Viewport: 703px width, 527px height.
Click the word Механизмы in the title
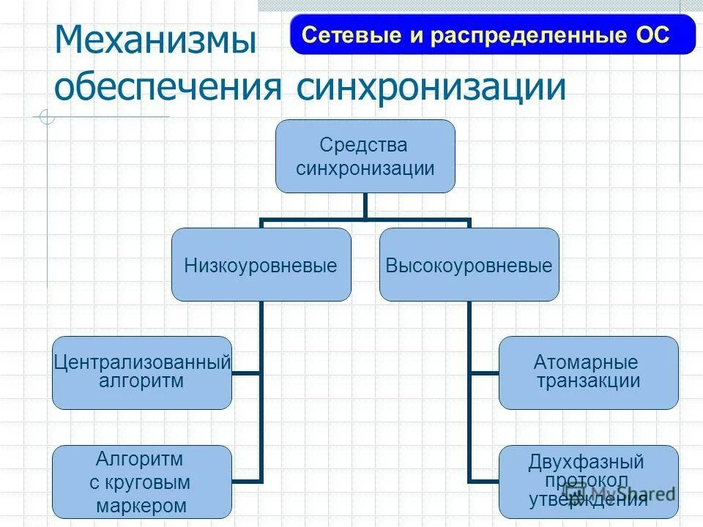(x=156, y=41)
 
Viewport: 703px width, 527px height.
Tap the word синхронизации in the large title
(x=431, y=88)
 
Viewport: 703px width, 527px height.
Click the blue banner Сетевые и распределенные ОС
(x=492, y=35)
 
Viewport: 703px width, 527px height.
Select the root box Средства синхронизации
(x=365, y=157)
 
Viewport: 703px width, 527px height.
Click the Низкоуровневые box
(x=261, y=265)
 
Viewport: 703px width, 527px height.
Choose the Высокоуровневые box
(x=469, y=265)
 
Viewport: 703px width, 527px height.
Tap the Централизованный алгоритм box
(x=142, y=372)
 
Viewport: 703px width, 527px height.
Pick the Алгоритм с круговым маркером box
(x=142, y=482)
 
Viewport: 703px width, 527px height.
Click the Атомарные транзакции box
(x=588, y=372)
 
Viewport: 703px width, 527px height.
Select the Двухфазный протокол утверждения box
(x=588, y=482)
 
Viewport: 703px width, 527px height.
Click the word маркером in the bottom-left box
(x=141, y=505)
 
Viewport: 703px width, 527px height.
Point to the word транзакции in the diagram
(x=588, y=381)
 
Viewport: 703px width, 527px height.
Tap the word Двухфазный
(x=587, y=463)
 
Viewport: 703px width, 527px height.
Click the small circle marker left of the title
(x=47, y=116)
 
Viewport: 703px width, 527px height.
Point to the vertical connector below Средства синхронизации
(x=365, y=206)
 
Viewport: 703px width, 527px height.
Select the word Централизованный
(x=142, y=362)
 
